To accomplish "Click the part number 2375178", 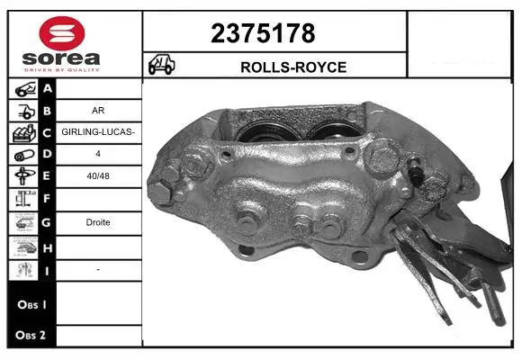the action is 263,33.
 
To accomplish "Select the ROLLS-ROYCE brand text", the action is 293,67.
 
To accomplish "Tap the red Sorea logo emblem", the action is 62,33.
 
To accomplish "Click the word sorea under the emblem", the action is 61,58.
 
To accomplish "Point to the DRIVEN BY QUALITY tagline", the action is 62,70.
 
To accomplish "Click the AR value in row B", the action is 98,110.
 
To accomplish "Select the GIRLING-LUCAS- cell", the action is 98,132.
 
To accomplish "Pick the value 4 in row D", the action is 98,154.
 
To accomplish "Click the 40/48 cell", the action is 98,175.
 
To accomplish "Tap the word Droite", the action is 98,222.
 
